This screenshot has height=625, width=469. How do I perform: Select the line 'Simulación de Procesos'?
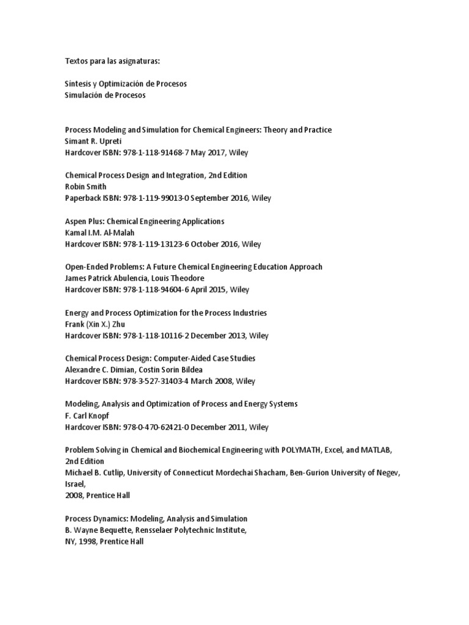click(x=105, y=95)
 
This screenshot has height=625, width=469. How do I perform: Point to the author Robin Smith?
click(x=87, y=187)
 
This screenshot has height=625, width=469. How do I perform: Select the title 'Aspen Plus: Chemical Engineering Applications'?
click(x=145, y=221)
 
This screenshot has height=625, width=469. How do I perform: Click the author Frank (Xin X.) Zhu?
click(x=95, y=324)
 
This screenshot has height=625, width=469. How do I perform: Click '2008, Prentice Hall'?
click(x=98, y=495)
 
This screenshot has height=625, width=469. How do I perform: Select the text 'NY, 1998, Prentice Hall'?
click(x=104, y=541)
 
